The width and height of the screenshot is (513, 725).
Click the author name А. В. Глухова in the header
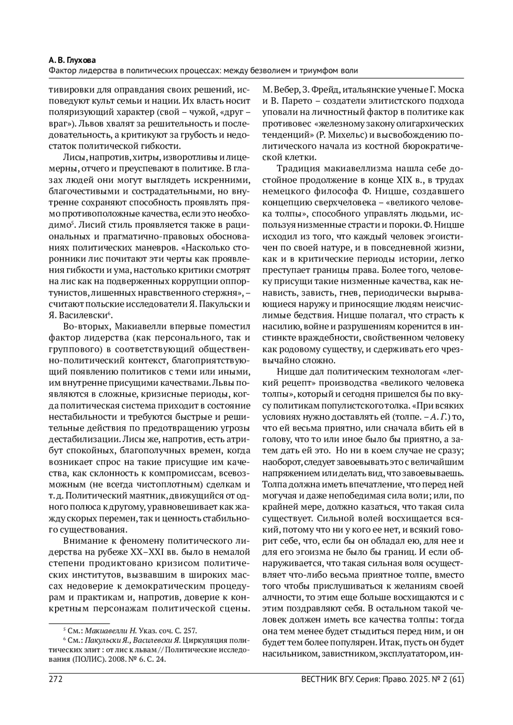point(72,60)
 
